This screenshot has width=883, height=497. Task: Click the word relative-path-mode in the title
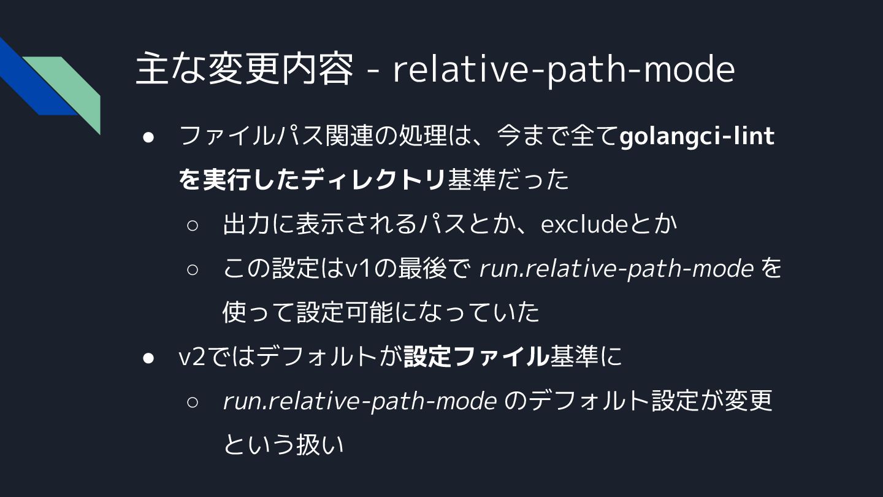(x=563, y=69)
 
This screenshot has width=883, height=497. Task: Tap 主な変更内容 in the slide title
(x=244, y=69)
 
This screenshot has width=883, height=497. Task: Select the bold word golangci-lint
(x=697, y=136)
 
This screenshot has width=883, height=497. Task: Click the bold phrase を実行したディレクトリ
(x=312, y=180)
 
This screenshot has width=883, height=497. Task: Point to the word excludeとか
(x=609, y=225)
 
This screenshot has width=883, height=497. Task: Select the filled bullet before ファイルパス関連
(x=148, y=137)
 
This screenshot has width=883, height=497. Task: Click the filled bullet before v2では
(x=148, y=357)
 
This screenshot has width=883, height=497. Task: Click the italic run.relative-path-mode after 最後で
(x=616, y=269)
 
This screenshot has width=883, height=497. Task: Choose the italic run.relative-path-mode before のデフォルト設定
(x=360, y=401)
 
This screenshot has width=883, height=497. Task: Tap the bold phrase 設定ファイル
(x=476, y=357)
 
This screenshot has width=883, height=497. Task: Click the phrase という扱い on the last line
(x=283, y=445)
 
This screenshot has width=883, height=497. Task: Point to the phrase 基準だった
(x=508, y=180)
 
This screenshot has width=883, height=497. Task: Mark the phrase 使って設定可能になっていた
(x=381, y=313)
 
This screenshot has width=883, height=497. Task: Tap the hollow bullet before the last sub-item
(x=193, y=402)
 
